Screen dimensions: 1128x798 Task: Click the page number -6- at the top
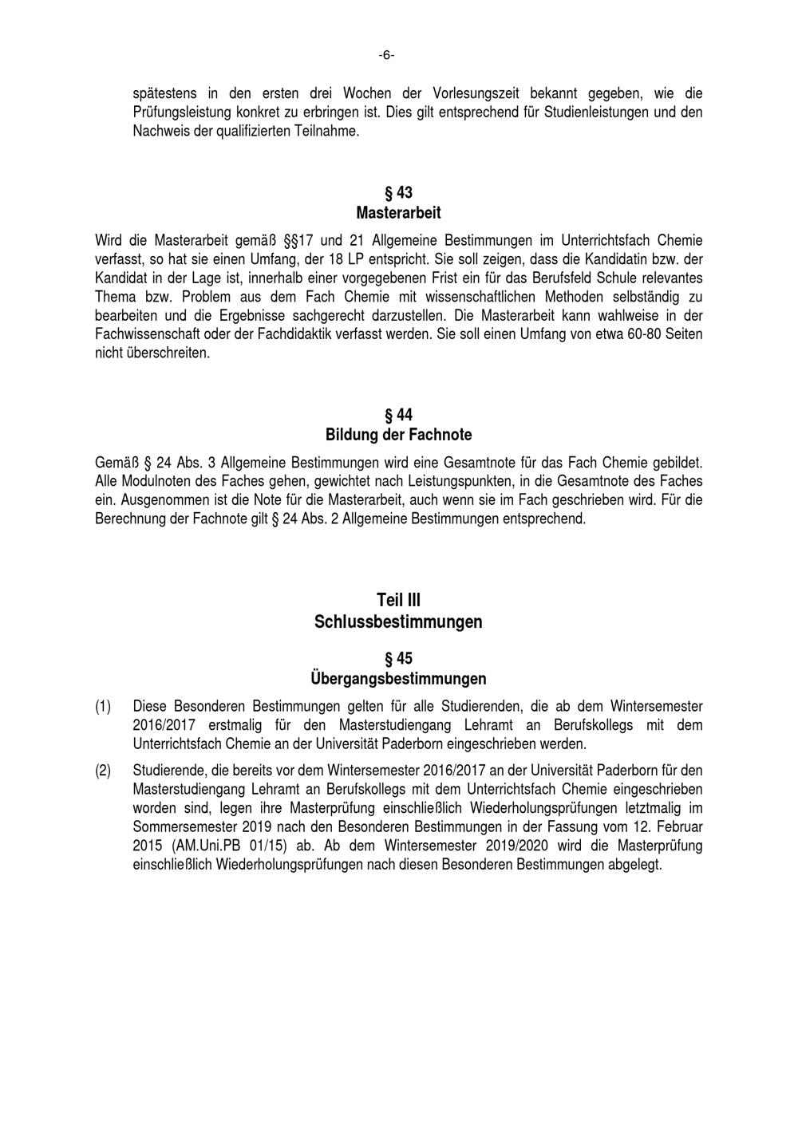[387, 55]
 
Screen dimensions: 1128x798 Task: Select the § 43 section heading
[398, 193]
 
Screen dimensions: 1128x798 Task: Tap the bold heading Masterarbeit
[398, 213]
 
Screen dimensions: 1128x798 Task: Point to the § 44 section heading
[398, 415]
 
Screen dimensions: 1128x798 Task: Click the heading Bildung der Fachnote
[398, 435]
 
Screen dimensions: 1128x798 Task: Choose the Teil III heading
[398, 600]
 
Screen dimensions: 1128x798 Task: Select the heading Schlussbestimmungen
[398, 621]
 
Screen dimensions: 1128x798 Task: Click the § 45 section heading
[398, 659]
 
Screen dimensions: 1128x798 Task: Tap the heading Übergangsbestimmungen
[398, 679]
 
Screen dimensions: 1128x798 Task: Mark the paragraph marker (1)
[103, 707]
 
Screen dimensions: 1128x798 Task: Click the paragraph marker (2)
[103, 770]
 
